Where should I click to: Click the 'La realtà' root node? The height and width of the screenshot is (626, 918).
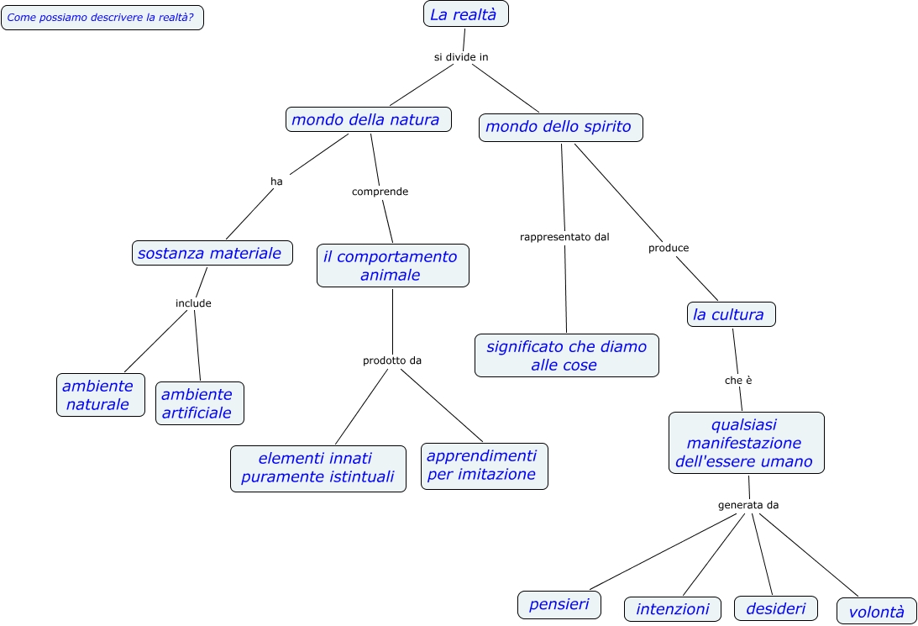pos(466,14)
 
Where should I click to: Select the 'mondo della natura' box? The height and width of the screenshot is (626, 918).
pos(368,119)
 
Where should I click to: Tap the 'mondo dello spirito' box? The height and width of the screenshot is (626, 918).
pos(561,127)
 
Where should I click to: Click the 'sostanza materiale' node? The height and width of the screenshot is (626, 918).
pos(212,253)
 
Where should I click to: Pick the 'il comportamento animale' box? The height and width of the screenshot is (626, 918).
pos(392,266)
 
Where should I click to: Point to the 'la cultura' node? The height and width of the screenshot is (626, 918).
pos(730,314)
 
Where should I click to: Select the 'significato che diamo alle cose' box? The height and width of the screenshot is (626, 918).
pos(566,355)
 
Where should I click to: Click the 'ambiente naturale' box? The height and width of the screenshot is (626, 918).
pos(101,395)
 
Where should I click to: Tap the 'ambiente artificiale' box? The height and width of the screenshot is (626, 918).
pos(200,403)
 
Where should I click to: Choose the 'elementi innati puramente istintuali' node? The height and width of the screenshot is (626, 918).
pos(317,468)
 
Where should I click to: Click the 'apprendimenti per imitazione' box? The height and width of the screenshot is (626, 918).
pos(484,466)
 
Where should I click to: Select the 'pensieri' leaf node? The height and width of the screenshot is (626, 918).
pos(559,604)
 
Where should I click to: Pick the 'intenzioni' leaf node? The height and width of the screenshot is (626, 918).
pos(673,609)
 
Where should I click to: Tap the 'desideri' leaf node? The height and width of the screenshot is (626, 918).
pos(776,608)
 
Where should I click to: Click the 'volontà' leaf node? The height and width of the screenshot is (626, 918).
pos(877,612)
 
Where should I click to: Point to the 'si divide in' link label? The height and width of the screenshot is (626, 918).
pos(461,57)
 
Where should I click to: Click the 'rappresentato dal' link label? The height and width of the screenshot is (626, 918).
pos(564,237)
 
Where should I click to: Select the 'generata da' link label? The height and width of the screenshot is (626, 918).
pos(748,505)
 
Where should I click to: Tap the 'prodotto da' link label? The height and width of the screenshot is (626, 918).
pos(392,360)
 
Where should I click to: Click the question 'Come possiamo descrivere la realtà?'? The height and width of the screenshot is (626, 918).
pos(102,17)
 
